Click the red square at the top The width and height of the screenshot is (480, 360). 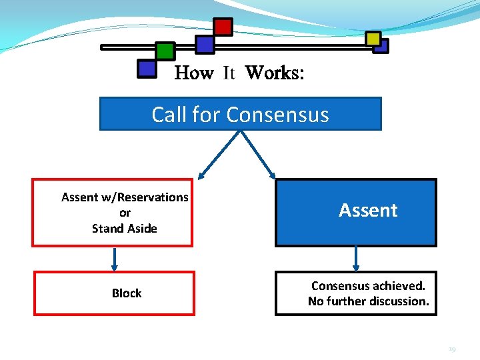click(223, 27)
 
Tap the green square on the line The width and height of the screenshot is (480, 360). click(165, 51)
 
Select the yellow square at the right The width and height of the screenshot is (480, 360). click(373, 39)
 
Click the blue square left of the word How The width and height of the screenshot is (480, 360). click(146, 68)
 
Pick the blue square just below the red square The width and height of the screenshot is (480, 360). click(205, 45)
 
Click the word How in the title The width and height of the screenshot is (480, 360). click(193, 73)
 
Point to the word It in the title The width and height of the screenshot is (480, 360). click(229, 73)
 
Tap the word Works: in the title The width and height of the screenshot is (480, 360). click(275, 73)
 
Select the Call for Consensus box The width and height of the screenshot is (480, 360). click(240, 114)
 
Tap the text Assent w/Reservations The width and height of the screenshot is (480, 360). click(125, 197)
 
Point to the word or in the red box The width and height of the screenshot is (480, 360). click(125, 213)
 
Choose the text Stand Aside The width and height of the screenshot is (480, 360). click(125, 229)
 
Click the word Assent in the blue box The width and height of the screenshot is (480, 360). click(368, 211)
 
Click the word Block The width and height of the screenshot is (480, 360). click(127, 293)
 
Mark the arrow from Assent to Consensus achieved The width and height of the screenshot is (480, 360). click(356, 259)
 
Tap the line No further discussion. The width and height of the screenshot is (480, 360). click(369, 301)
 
